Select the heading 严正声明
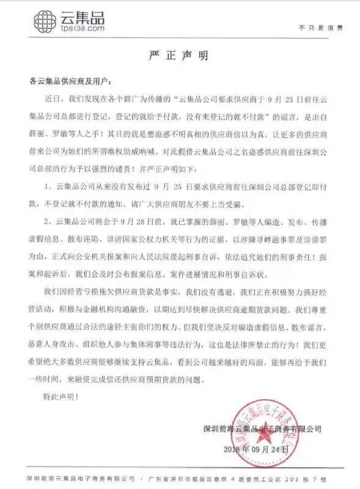[180, 56]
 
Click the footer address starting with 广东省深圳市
[242, 476]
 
